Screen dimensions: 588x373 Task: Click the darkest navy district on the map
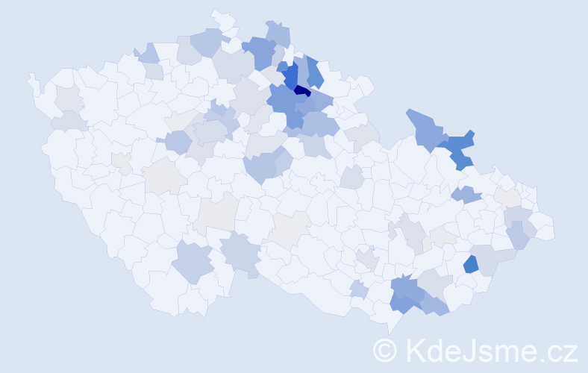click(302, 91)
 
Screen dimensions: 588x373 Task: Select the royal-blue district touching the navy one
click(290, 75)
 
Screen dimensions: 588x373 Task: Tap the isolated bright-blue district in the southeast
click(471, 264)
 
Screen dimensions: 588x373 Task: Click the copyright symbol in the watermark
click(385, 350)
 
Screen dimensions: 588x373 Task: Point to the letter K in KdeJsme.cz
click(415, 350)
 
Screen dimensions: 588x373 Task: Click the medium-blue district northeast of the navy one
click(314, 72)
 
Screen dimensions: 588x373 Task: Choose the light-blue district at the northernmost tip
click(278, 33)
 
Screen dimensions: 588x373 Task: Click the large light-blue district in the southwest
click(193, 262)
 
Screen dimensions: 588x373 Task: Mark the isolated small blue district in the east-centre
click(466, 195)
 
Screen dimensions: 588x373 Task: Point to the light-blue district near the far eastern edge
click(518, 235)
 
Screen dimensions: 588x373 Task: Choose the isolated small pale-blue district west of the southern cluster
click(358, 289)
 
